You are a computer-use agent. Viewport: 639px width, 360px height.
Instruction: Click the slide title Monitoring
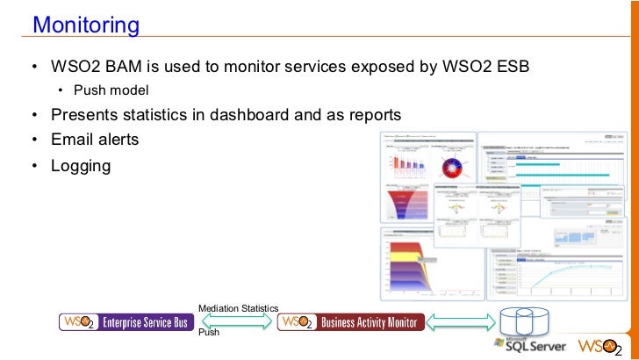(x=86, y=25)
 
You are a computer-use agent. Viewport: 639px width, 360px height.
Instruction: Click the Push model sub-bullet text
(x=111, y=90)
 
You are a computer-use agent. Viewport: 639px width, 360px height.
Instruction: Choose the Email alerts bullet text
(x=95, y=140)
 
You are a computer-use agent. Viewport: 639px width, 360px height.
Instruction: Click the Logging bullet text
(x=81, y=164)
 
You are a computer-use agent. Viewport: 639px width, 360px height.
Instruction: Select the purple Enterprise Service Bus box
(x=125, y=322)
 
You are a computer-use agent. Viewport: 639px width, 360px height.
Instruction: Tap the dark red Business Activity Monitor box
(x=351, y=322)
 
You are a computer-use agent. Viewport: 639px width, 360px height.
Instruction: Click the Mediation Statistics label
(x=238, y=308)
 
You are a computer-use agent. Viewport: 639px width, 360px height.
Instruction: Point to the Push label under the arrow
(x=209, y=334)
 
